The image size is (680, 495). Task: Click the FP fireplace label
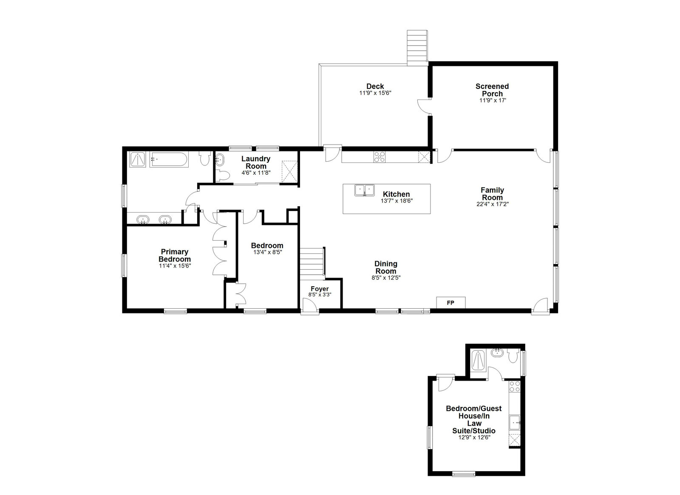pos(450,303)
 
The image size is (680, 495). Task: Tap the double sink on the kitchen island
pos(364,191)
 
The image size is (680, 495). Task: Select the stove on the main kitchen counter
pos(380,157)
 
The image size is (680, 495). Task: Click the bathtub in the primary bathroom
pos(169,159)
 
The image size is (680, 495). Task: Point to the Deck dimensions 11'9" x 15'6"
pos(375,93)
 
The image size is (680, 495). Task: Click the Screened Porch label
pos(492,90)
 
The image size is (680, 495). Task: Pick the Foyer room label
pos(320,289)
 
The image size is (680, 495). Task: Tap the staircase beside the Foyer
pos(313,264)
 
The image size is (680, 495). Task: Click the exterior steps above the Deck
pos(417,48)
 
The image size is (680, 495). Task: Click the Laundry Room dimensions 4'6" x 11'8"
pos(256,173)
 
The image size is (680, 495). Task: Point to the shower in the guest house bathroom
pos(478,361)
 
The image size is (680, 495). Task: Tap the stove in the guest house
pos(515,386)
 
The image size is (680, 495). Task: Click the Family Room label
pos(492,194)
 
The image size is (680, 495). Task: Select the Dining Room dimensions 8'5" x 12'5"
pos(386,278)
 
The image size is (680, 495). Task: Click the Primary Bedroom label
pos(175,256)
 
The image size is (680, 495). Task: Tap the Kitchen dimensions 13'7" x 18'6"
pos(397,201)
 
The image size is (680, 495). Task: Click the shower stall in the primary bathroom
pos(138,159)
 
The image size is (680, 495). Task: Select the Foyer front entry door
pos(310,305)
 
